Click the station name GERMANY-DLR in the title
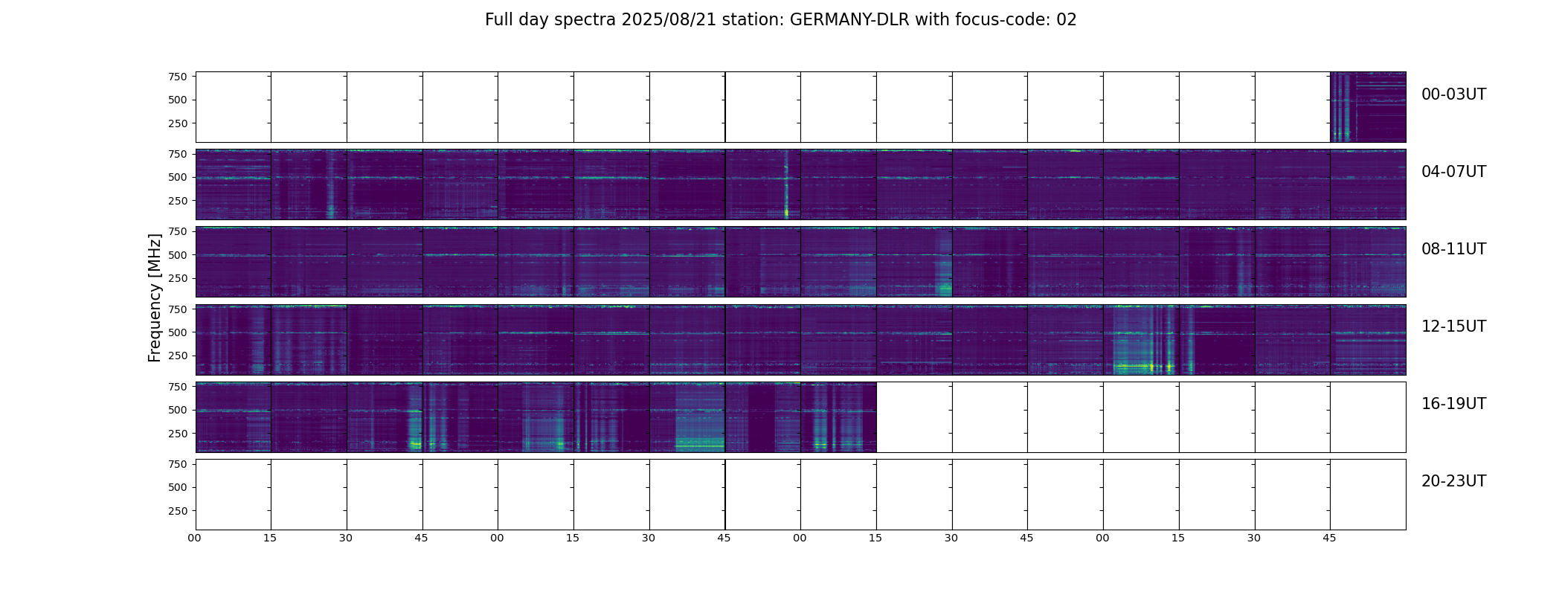[x=849, y=20]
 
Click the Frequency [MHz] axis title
[x=155, y=297]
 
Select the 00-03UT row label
[x=1453, y=94]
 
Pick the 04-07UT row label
[x=1453, y=172]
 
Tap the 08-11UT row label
[x=1453, y=249]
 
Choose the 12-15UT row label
[x=1453, y=327]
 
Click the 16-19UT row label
[x=1453, y=404]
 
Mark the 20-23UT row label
[x=1453, y=481]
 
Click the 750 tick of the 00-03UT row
[x=177, y=77]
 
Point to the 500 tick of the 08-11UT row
[x=177, y=255]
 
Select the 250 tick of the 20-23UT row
[x=177, y=511]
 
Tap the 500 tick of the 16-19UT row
[x=177, y=410]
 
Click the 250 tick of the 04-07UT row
[x=177, y=201]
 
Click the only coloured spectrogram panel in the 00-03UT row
[x=1368, y=107]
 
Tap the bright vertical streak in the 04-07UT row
[x=786, y=186]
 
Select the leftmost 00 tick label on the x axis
[x=194, y=538]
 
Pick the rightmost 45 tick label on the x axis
[x=1329, y=538]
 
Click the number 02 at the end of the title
[x=1067, y=20]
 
